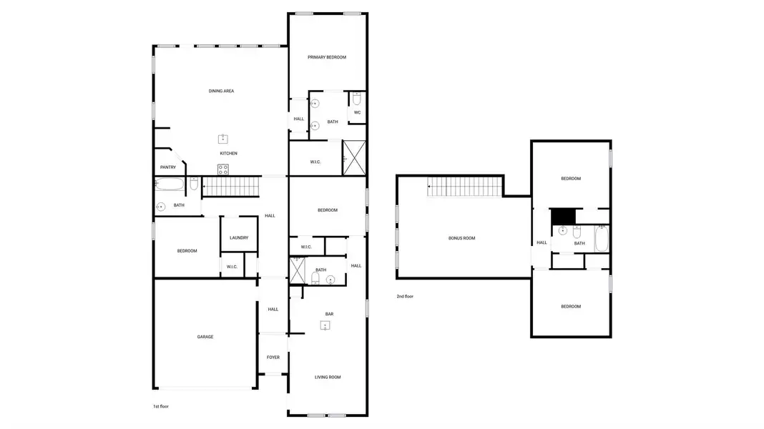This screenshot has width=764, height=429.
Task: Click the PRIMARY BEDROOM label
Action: (x=327, y=57)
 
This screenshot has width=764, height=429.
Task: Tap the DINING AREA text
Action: (x=221, y=91)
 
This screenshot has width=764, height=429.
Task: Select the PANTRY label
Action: (x=168, y=167)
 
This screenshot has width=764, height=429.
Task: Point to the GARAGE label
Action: (x=205, y=337)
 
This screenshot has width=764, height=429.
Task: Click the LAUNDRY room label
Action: (x=239, y=238)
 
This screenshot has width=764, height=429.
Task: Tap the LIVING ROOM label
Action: (x=328, y=377)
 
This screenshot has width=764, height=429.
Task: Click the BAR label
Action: (x=329, y=314)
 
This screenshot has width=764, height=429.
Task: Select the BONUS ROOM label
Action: (x=461, y=238)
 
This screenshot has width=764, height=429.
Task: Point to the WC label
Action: (x=357, y=112)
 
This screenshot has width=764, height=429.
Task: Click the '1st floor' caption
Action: (x=161, y=406)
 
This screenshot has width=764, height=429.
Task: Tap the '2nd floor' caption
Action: (x=405, y=296)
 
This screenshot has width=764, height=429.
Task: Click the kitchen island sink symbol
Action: (x=223, y=139)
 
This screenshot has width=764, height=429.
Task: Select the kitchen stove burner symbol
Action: (x=223, y=169)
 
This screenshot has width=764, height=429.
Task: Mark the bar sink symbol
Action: (x=325, y=326)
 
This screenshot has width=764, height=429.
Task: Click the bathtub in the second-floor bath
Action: (x=601, y=238)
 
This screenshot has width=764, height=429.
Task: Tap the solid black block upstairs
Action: (x=562, y=216)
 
